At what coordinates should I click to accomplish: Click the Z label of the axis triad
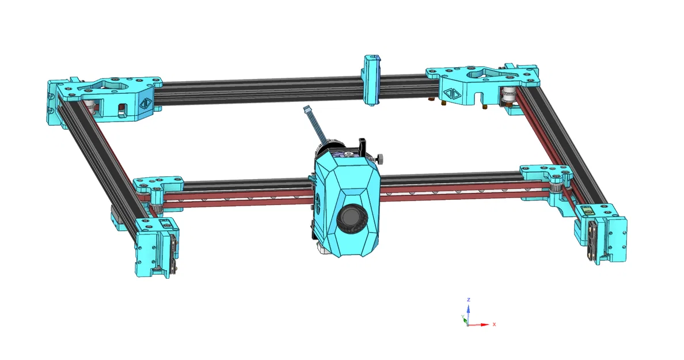469,300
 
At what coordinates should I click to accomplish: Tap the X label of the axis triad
494,324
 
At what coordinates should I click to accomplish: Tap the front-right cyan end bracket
602,233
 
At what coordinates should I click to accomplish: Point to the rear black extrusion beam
259,92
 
